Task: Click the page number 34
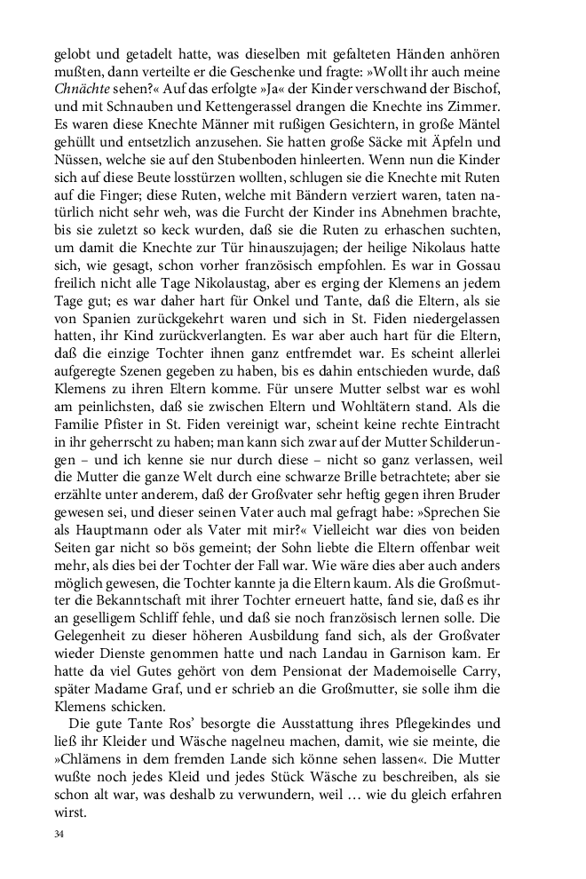pos(59,835)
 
